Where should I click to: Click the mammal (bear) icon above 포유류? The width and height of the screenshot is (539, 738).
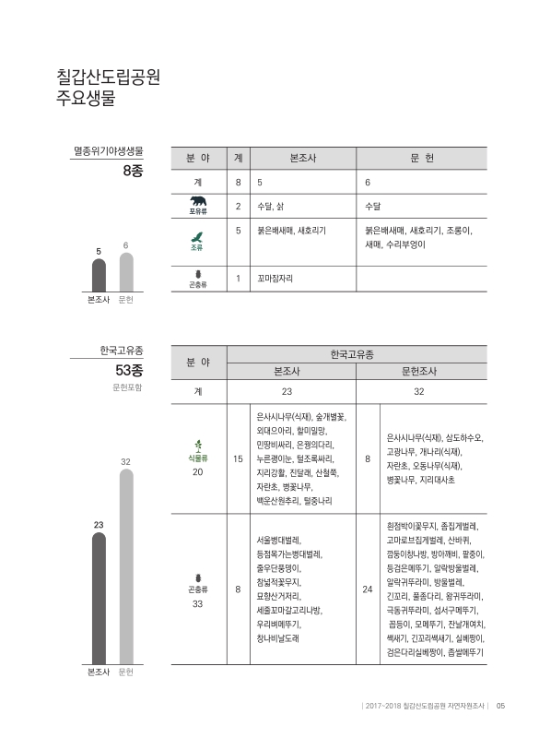(198, 201)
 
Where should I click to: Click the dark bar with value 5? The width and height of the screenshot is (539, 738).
(99, 275)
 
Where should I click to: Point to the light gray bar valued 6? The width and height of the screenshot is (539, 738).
(125, 272)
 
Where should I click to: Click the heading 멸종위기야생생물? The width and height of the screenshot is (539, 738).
(108, 149)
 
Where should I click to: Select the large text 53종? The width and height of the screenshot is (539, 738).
(123, 370)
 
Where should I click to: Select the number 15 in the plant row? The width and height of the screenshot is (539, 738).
(239, 458)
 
